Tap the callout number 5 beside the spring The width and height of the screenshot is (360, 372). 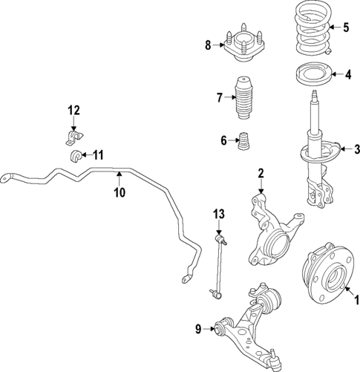point(345,28)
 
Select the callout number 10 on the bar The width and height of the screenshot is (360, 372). point(118,192)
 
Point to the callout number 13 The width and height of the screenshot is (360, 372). point(218,214)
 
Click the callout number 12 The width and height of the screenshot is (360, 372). point(73,111)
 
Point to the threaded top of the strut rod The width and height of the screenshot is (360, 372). point(315,96)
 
